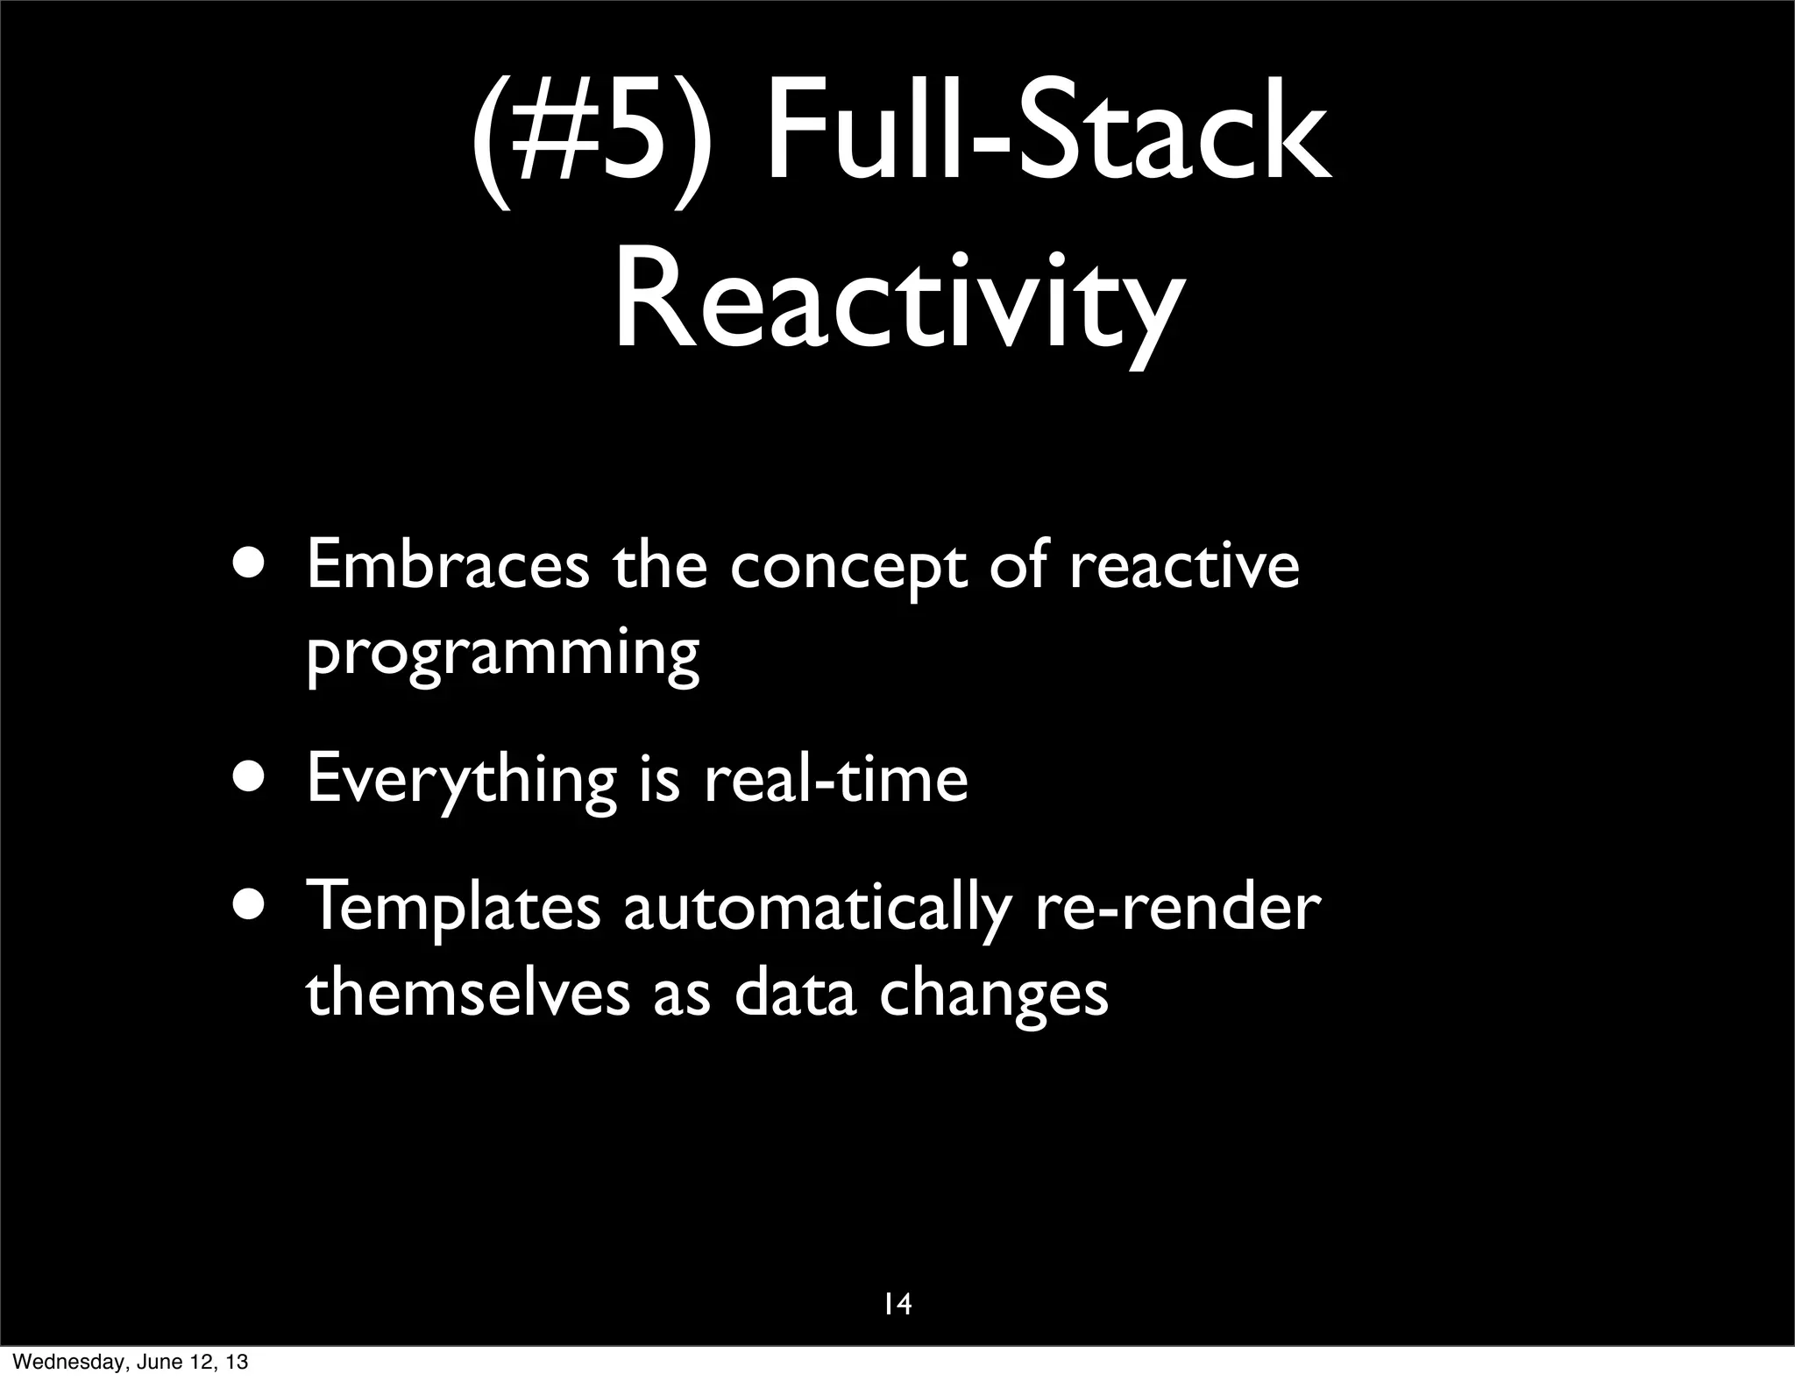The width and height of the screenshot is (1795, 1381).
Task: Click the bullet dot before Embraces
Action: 253,565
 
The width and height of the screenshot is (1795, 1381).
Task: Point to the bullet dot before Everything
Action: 253,776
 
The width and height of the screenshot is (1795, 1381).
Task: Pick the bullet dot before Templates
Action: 253,905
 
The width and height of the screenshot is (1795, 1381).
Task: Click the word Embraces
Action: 448,565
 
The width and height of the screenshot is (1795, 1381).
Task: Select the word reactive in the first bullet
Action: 1184,565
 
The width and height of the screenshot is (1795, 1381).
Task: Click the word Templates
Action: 452,909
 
